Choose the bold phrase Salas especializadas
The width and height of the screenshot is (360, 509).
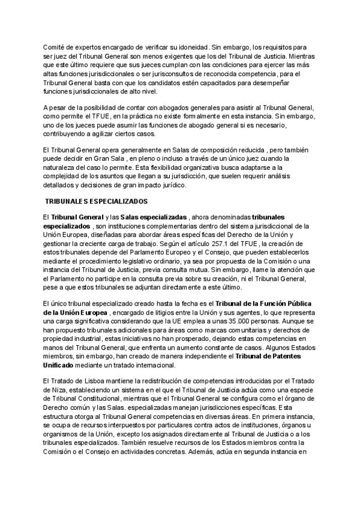(154, 217)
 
